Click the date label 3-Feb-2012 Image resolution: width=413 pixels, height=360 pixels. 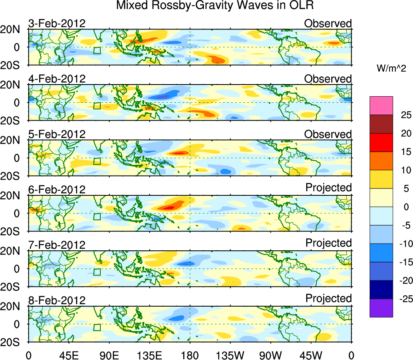(57, 23)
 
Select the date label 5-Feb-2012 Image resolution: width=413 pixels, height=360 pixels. (57, 134)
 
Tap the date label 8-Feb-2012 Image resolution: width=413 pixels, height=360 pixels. (57, 301)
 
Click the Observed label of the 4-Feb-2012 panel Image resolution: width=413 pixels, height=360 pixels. (328, 79)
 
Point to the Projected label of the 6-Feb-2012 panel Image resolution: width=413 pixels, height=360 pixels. (328, 188)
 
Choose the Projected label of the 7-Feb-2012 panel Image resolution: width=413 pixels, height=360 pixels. (328, 243)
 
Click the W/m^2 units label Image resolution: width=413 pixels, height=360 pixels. (391, 69)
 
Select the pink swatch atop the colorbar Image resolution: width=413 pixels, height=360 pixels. (381, 106)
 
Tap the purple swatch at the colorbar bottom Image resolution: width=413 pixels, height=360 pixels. (381, 308)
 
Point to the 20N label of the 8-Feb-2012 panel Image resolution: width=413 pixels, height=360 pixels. (14, 307)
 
